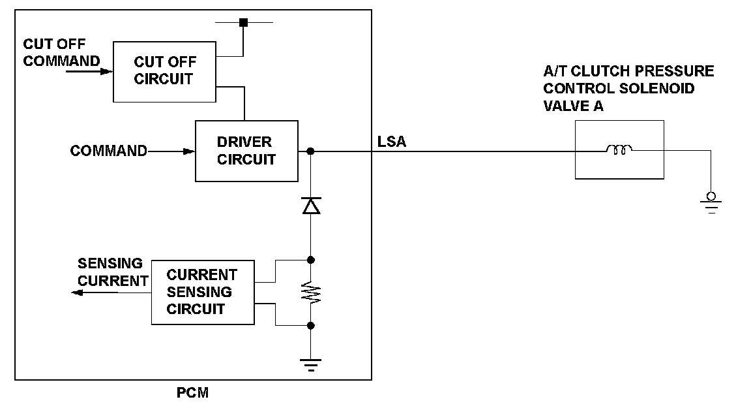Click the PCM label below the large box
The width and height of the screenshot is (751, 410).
tap(192, 393)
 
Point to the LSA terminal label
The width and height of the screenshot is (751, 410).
tap(391, 142)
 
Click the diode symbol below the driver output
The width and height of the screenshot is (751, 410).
tap(312, 205)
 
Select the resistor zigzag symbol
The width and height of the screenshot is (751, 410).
tap(311, 292)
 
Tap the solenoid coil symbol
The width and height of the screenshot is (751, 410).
tap(619, 150)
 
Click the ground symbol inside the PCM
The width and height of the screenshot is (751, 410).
tap(311, 364)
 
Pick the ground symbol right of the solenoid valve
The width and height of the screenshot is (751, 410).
tap(711, 202)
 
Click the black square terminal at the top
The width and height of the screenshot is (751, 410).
tap(243, 22)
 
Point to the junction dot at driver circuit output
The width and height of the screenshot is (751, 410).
tap(310, 151)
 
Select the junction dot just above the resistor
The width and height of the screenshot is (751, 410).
tap(311, 260)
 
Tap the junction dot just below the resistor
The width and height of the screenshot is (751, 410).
tap(311, 326)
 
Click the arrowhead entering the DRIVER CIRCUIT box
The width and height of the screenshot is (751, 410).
tap(190, 151)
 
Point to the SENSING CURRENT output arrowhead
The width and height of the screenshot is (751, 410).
tap(77, 292)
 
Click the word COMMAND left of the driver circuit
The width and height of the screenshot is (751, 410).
tap(109, 151)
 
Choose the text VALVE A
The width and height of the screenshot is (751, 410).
tap(573, 106)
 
